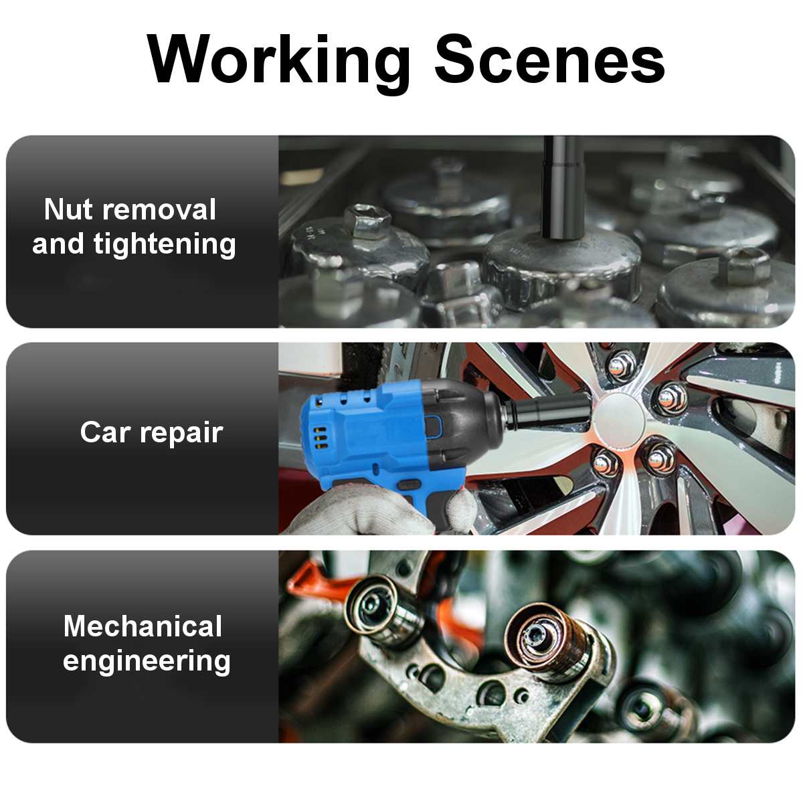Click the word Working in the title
click(x=279, y=62)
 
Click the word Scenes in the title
click(x=549, y=59)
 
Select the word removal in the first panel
click(x=159, y=209)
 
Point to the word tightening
click(x=165, y=244)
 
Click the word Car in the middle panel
click(x=105, y=432)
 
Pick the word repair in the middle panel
click(x=181, y=434)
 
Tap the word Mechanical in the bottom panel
click(x=143, y=626)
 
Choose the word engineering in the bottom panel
click(x=147, y=662)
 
